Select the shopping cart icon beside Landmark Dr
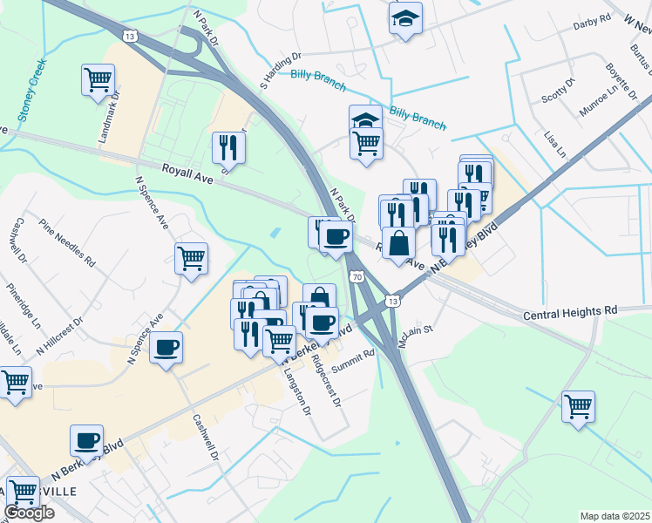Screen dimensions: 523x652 coord(98,79)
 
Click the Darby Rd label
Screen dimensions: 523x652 coord(592,23)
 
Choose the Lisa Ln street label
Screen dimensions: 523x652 coord(554,146)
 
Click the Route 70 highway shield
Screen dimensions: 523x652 coord(357,277)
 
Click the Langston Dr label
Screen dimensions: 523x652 coord(296,391)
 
